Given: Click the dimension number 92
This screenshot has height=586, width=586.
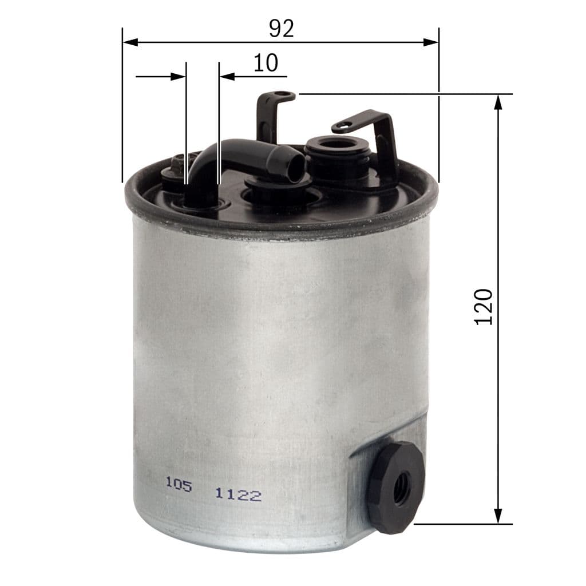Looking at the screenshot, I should [x=281, y=29].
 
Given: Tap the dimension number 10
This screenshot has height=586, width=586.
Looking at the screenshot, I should [x=266, y=63].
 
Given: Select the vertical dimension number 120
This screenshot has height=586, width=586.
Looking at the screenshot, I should [x=484, y=307].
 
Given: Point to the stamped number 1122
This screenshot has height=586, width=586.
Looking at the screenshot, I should [x=238, y=494].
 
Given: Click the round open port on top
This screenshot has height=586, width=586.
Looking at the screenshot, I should [x=334, y=143].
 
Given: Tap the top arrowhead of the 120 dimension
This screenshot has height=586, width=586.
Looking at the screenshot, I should [x=498, y=102].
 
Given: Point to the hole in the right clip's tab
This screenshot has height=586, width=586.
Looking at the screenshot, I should [x=344, y=126].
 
